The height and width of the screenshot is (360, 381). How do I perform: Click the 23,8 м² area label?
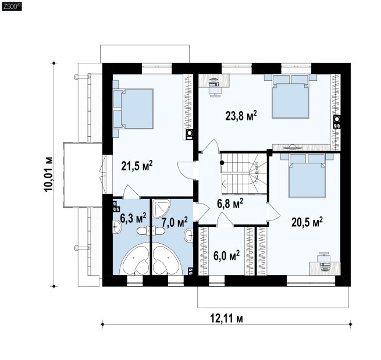pyautogui.click(x=241, y=116)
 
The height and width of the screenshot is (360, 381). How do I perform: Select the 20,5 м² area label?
pyautogui.click(x=307, y=222)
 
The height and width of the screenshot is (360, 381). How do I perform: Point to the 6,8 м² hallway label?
pyautogui.click(x=230, y=203)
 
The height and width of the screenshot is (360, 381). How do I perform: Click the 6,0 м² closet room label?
pyautogui.click(x=226, y=256)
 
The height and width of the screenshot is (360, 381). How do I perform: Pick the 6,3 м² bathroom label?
pyautogui.click(x=133, y=218)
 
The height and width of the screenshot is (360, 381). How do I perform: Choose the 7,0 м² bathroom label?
pyautogui.click(x=175, y=222)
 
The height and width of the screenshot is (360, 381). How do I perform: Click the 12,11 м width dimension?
pyautogui.click(x=226, y=318)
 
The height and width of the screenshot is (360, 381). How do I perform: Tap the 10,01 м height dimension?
pyautogui.click(x=48, y=174)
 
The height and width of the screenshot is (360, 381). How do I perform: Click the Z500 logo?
pyautogui.click(x=12, y=6)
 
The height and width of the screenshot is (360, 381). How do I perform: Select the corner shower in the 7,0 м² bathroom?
pyautogui.click(x=161, y=209)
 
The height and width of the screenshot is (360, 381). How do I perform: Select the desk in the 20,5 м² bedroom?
pyautogui.click(x=325, y=269)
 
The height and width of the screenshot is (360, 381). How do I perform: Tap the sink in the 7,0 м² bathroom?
pyautogui.click(x=189, y=236)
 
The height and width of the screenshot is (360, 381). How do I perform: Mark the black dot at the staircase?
pyautogui.click(x=222, y=163)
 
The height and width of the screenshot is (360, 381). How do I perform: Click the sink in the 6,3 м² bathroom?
pyautogui.click(x=117, y=227)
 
